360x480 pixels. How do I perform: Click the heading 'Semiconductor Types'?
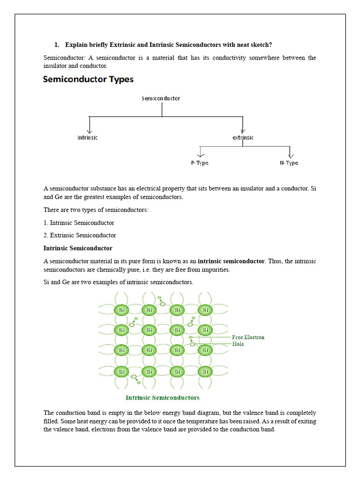88,79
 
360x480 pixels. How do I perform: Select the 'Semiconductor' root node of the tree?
161,98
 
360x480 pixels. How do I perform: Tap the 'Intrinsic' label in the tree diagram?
88,138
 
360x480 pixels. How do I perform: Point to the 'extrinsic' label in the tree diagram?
243,138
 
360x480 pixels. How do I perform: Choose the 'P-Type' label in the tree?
200,163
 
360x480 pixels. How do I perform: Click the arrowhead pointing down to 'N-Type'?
291,155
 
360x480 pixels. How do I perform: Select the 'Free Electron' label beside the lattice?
248,337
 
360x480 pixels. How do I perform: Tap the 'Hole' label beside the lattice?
238,344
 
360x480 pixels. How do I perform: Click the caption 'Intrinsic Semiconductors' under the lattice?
163,397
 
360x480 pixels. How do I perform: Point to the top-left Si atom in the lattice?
121,310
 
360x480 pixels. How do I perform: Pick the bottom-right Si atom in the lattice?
204,371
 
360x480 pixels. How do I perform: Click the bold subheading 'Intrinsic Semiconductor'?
78,248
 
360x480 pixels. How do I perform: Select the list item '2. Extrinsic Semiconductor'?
80,235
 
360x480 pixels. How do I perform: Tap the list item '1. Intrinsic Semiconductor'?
79,223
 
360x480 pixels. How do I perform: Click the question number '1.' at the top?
57,45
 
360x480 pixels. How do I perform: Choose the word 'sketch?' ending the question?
261,45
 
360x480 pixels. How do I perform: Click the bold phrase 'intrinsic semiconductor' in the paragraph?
231,261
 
